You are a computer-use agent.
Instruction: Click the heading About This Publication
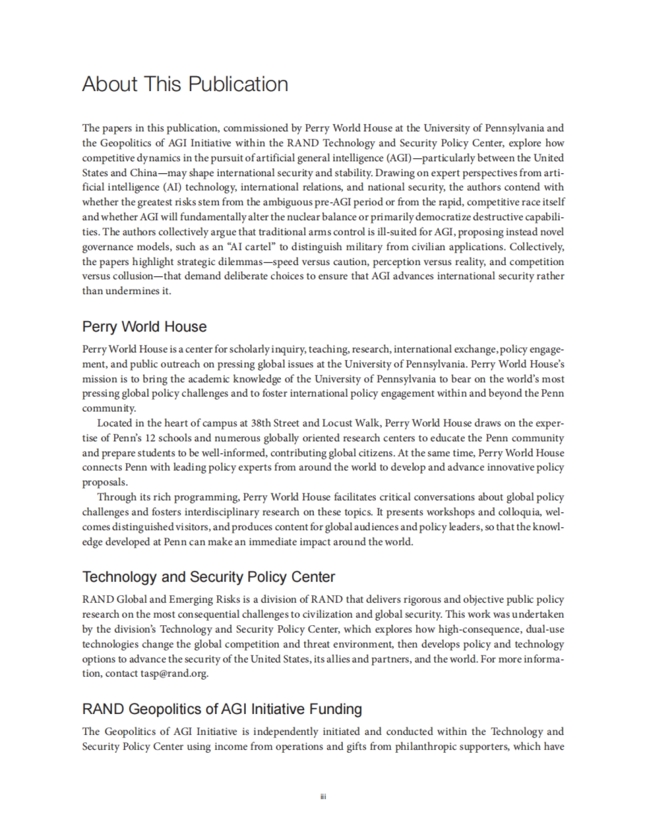[185, 84]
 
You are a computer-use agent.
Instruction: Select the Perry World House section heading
[144, 327]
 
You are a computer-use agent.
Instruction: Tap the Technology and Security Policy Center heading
[209, 577]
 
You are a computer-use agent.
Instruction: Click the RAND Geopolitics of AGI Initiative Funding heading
[222, 709]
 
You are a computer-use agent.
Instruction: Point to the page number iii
[323, 797]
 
